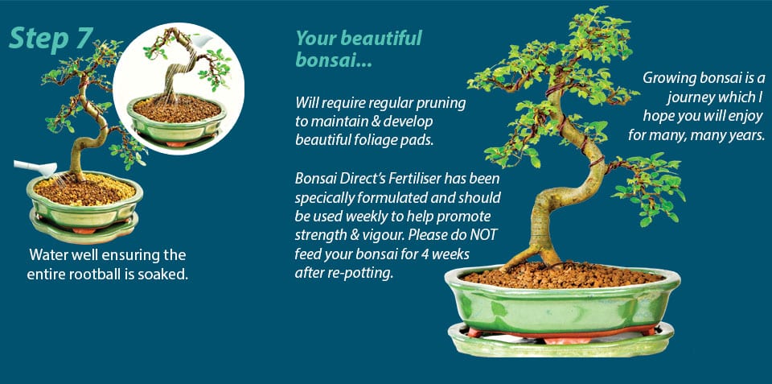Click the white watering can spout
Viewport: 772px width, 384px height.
point(30,167)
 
